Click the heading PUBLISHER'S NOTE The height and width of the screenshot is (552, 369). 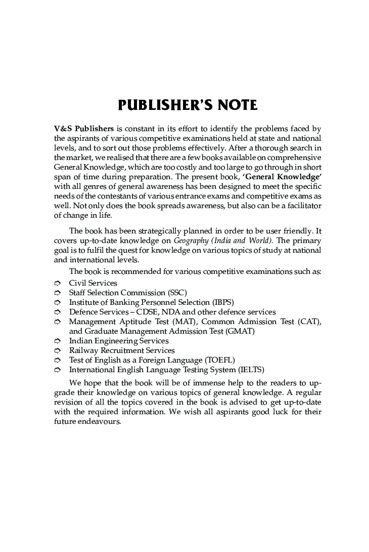coord(188,105)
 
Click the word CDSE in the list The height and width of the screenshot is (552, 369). coord(147,312)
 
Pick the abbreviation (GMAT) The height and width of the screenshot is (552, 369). coord(239,331)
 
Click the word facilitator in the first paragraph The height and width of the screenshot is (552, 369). coord(301,206)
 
